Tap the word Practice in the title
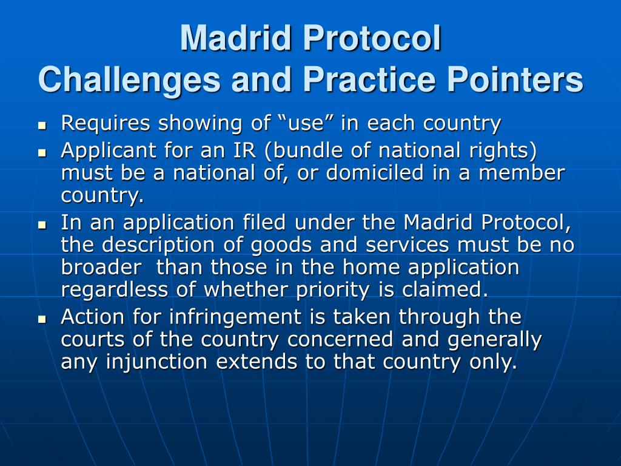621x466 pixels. click(x=366, y=80)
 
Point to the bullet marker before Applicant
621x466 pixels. click(x=42, y=152)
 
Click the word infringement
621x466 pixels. click(x=216, y=317)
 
